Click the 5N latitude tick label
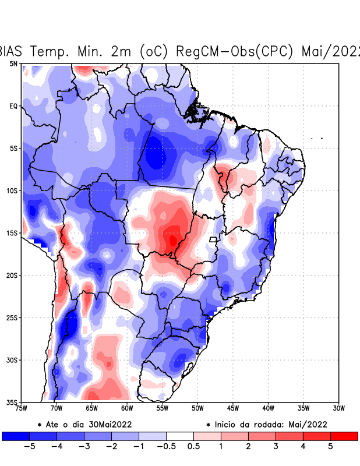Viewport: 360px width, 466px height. (x=13, y=63)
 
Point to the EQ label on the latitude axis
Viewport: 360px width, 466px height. (x=13, y=106)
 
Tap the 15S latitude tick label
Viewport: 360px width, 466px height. (x=12, y=233)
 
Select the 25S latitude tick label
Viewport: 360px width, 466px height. (x=12, y=317)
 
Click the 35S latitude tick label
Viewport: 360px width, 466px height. (x=12, y=402)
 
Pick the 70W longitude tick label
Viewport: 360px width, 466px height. (x=57, y=408)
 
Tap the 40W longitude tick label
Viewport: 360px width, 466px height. (x=268, y=408)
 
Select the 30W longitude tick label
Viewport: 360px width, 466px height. (x=338, y=408)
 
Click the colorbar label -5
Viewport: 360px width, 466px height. (x=29, y=446)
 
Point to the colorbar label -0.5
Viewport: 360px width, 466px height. (x=166, y=446)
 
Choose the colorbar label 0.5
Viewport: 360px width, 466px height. (x=194, y=446)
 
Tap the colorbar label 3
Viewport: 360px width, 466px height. (x=276, y=446)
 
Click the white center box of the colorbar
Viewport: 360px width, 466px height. (x=180, y=436)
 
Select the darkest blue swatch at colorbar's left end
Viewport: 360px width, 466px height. (x=15, y=436)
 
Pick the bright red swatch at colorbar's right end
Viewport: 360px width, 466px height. (x=344, y=436)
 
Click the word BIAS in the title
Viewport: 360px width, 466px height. (x=11, y=51)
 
